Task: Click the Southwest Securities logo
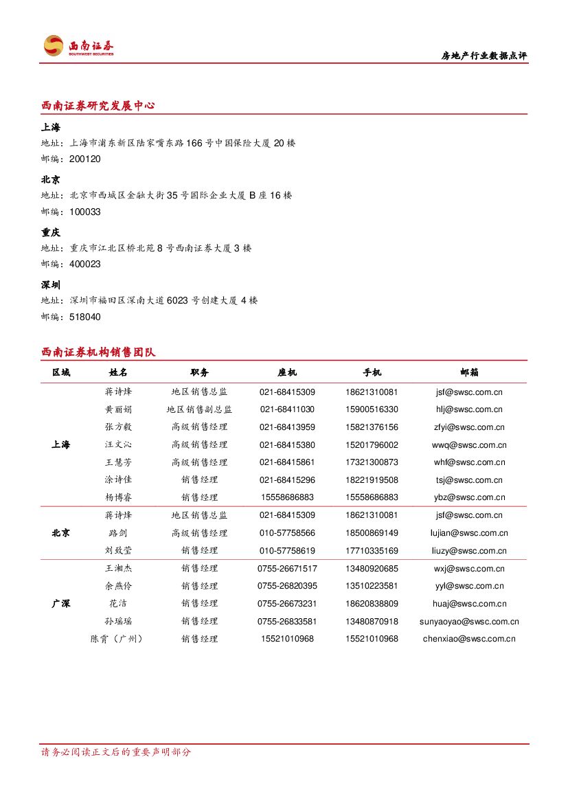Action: [78, 46]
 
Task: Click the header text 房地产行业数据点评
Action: [484, 56]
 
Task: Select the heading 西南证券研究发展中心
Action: [98, 106]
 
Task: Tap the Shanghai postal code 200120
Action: [85, 159]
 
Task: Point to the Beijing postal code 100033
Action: [85, 212]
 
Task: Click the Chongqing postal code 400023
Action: [85, 264]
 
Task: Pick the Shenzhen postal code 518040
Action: [85, 317]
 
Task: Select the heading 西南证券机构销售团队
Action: [98, 352]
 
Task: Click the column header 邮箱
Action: [470, 372]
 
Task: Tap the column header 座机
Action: [287, 372]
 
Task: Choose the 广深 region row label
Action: [61, 604]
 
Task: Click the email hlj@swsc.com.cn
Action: [469, 409]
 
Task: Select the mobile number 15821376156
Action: [372, 427]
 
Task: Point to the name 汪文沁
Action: [118, 445]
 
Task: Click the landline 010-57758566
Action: [287, 533]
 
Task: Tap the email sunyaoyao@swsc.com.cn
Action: [469, 622]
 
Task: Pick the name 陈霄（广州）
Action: [118, 639]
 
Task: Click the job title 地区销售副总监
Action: [199, 409]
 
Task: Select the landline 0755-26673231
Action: [287, 604]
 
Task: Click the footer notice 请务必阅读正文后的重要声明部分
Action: [116, 752]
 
